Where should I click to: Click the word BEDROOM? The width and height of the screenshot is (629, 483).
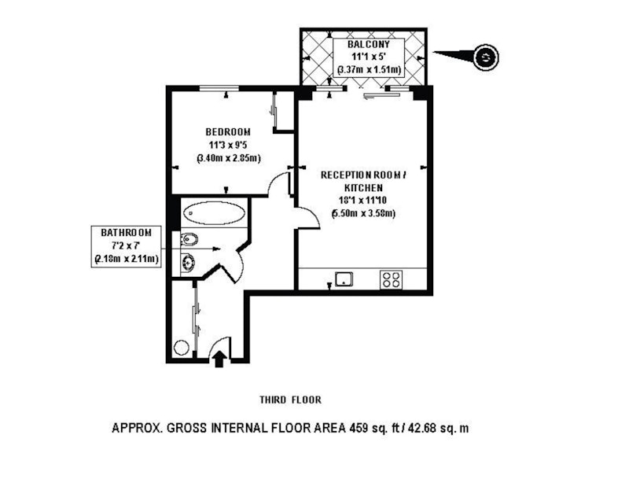tap(228, 131)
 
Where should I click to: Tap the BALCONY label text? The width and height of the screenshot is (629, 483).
tap(368, 44)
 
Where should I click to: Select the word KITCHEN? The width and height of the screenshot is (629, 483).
tap(363, 187)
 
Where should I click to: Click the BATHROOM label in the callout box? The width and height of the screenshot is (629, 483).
tap(126, 233)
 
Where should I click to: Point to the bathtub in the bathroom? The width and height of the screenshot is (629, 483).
tap(215, 213)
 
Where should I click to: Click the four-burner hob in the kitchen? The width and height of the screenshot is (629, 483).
tap(391, 279)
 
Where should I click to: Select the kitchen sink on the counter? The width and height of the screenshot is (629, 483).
tap(344, 278)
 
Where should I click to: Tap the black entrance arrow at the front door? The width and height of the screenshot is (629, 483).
tap(219, 359)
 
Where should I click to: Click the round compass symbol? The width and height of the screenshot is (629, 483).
tap(486, 57)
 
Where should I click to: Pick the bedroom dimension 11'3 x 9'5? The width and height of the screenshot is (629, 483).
tap(228, 145)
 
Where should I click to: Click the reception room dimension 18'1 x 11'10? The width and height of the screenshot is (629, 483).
tap(362, 201)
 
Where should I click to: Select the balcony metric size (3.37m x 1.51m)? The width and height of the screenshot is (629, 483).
tap(369, 70)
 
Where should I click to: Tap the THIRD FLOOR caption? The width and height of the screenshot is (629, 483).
tap(290, 400)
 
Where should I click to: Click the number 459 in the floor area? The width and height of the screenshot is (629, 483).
tap(359, 428)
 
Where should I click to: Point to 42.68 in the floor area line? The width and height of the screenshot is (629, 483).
tap(421, 428)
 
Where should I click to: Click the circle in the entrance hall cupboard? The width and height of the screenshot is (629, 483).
tap(181, 347)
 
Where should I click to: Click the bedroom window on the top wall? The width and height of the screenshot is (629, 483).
tap(219, 88)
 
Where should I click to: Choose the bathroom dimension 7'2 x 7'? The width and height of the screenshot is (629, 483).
tap(126, 245)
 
